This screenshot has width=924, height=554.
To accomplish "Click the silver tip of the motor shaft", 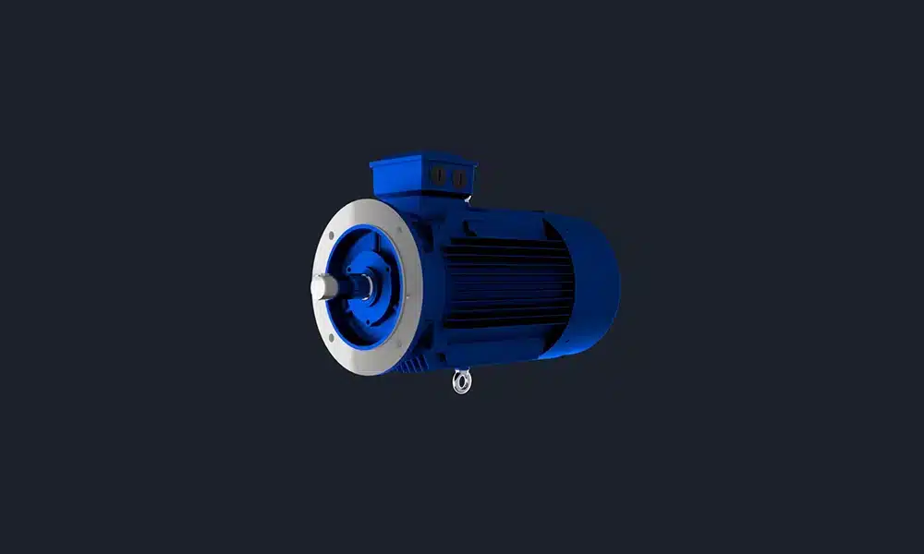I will [320, 289].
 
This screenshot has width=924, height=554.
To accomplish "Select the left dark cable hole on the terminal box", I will [440, 176].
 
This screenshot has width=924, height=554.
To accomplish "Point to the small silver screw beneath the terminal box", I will [468, 199].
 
